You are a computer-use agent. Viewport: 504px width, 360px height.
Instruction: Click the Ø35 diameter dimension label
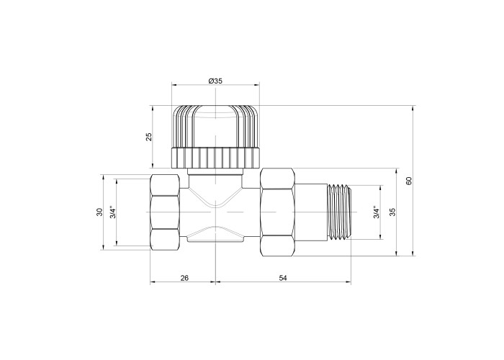tap(215, 81)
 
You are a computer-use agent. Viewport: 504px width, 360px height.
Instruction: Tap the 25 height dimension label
tap(149, 137)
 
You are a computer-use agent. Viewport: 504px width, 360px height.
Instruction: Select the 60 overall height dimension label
tap(409, 181)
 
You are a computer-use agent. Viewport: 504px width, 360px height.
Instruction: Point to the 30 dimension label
tap(99, 212)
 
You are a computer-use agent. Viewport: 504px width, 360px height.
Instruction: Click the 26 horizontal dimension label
tap(184, 278)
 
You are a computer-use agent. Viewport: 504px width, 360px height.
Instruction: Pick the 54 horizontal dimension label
tap(282, 278)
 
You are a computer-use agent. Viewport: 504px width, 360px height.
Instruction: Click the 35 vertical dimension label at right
tap(392, 212)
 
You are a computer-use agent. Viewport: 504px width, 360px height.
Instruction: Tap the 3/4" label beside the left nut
tap(113, 212)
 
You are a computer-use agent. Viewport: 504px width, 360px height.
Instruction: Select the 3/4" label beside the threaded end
tap(377, 212)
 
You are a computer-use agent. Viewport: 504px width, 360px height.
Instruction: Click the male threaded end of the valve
tap(339, 212)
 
